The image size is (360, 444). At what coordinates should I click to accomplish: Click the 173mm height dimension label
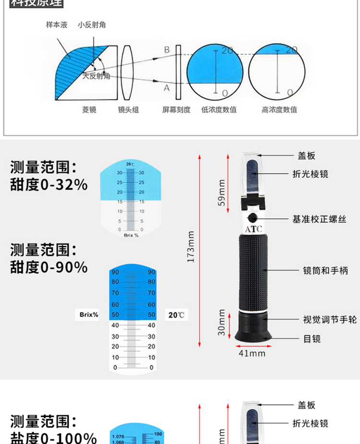[191, 246]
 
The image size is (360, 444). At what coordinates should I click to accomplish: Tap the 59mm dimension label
[221, 192]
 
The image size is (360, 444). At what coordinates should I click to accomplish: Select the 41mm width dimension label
[252, 354]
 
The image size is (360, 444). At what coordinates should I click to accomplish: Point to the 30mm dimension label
[221, 322]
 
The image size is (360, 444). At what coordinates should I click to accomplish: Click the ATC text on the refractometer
[253, 229]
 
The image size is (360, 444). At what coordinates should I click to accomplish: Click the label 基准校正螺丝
[319, 219]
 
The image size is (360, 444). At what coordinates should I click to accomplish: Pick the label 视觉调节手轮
[330, 320]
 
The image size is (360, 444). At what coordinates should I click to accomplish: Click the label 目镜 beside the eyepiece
[312, 339]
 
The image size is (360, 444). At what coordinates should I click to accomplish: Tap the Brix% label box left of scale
[89, 315]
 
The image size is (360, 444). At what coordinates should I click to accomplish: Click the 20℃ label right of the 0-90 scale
[176, 315]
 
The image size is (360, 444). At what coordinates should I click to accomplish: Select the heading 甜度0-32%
[49, 184]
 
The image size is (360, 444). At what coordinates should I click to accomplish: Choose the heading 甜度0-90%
[49, 267]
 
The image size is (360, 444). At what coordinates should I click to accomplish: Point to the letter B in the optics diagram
[167, 50]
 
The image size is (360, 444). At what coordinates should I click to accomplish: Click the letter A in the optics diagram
[167, 88]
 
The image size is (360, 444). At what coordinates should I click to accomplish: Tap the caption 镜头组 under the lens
[128, 110]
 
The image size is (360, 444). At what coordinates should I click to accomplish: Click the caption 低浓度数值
[219, 110]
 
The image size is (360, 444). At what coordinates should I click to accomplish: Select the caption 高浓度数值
[279, 110]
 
